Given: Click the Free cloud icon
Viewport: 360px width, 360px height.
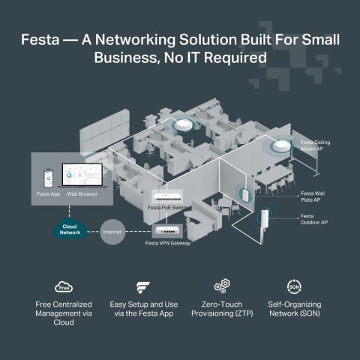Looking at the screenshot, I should point(63,286).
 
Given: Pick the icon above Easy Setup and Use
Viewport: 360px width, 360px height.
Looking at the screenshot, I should point(143,286).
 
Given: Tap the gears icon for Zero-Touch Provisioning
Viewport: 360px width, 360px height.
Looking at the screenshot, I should point(221,286).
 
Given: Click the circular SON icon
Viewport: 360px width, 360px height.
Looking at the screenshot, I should point(295,286).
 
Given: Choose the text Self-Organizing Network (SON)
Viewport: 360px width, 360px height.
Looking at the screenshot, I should point(295,310).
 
